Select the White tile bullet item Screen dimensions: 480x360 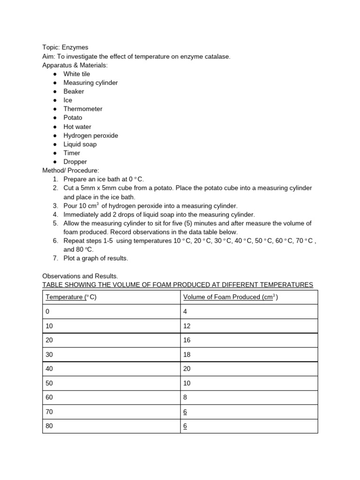click(76, 74)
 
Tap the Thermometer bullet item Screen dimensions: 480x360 click(82, 109)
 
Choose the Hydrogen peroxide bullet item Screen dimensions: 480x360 click(90, 135)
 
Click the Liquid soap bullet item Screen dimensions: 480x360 click(80, 144)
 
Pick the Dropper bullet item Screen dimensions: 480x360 click(75, 162)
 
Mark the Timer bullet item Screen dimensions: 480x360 click(72, 153)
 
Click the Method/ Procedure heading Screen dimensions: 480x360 click(71, 170)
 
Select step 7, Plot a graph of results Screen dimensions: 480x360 click(96, 258)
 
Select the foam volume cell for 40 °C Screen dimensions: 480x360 click(187, 369)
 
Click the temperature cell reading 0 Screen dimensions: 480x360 click(47, 311)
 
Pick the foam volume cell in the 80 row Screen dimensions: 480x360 click(185, 427)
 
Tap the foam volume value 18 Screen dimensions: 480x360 click(187, 354)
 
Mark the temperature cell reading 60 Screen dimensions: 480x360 click(49, 397)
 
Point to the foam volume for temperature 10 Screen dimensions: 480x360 click(187, 326)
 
